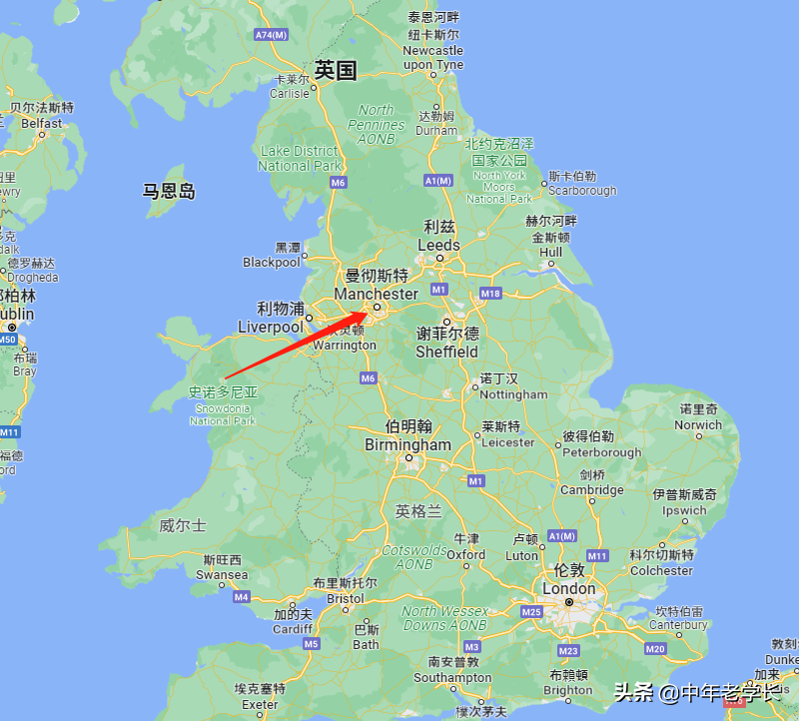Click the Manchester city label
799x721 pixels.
(377, 294)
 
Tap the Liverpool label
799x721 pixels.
(271, 327)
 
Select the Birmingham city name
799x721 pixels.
(407, 444)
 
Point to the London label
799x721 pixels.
(568, 588)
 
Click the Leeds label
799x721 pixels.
(438, 245)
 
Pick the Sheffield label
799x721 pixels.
(447, 352)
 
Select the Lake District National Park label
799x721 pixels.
(300, 159)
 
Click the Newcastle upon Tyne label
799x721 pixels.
(432, 57)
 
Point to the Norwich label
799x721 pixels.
(698, 424)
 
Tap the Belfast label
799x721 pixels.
(41, 123)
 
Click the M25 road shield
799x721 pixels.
(530, 611)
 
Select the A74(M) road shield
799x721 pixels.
(271, 35)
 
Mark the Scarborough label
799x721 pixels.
(582, 190)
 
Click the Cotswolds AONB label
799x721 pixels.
(414, 557)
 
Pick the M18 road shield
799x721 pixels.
(490, 294)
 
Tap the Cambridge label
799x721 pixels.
(591, 489)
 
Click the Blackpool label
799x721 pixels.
(271, 262)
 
